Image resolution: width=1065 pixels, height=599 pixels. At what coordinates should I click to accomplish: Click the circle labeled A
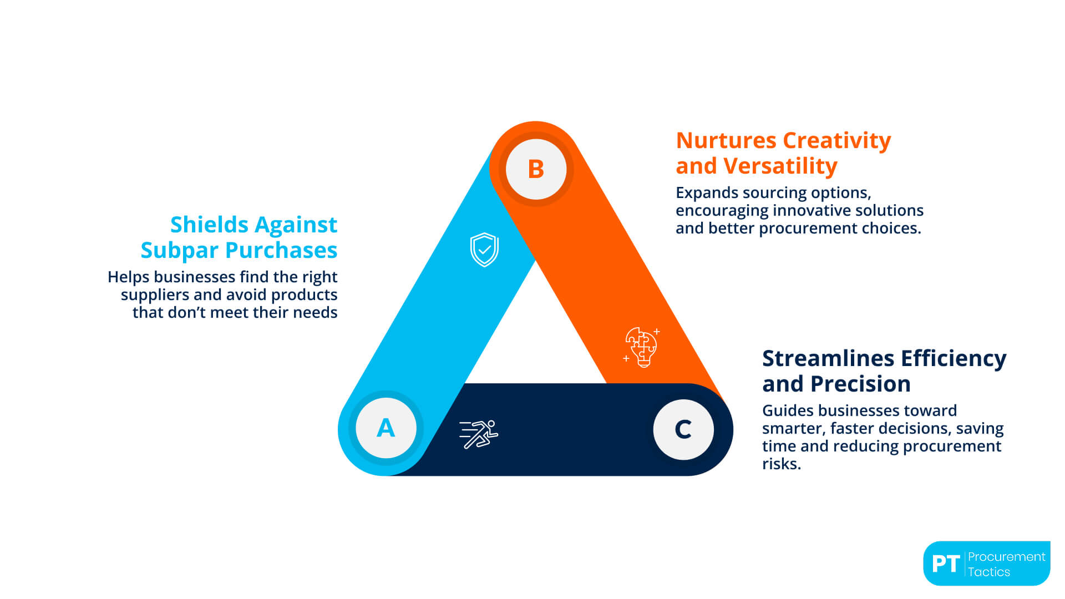pos(386,428)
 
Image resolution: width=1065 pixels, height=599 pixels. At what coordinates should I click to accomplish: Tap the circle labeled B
pos(536,169)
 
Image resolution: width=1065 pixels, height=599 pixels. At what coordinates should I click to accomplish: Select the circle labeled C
pos(683,429)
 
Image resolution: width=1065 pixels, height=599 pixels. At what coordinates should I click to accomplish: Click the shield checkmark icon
pos(484,250)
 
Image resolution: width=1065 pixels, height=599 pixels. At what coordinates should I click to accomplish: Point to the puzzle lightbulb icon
pos(642,347)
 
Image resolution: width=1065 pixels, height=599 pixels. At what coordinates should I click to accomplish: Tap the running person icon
pos(479,434)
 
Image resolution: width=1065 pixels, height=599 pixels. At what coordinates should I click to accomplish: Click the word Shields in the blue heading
pos(209,225)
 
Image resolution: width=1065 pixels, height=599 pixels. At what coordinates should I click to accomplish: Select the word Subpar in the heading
pos(179,250)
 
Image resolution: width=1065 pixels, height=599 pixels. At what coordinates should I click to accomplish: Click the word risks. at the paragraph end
pos(781,464)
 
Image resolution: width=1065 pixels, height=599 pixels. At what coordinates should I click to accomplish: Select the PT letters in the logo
pos(945,564)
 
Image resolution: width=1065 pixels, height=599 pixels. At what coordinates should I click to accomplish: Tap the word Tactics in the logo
pos(989,572)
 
